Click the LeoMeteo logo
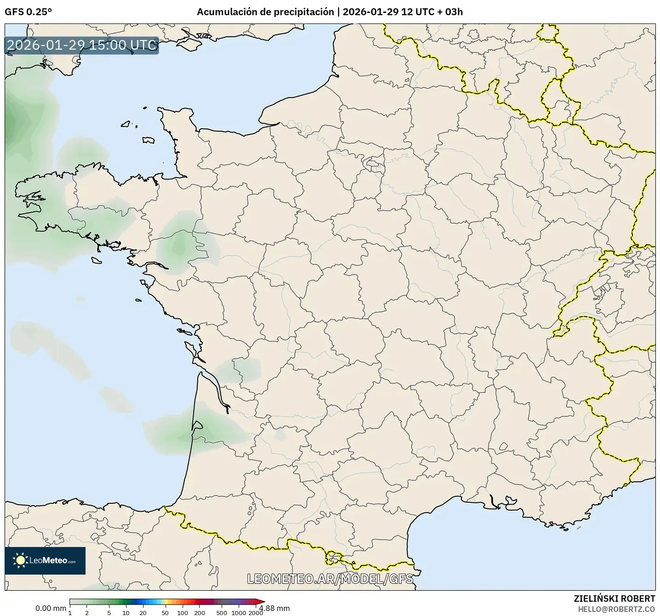[x=45, y=560]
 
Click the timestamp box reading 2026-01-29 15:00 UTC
[x=82, y=46]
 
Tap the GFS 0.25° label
[x=28, y=12]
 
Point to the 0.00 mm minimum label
[x=51, y=608]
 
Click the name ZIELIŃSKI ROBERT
[x=614, y=599]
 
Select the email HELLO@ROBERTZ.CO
[x=616, y=609]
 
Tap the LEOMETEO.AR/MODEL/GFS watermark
[x=330, y=579]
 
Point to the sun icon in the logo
[x=20, y=560]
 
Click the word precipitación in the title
[x=304, y=12]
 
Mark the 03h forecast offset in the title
[x=453, y=12]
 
